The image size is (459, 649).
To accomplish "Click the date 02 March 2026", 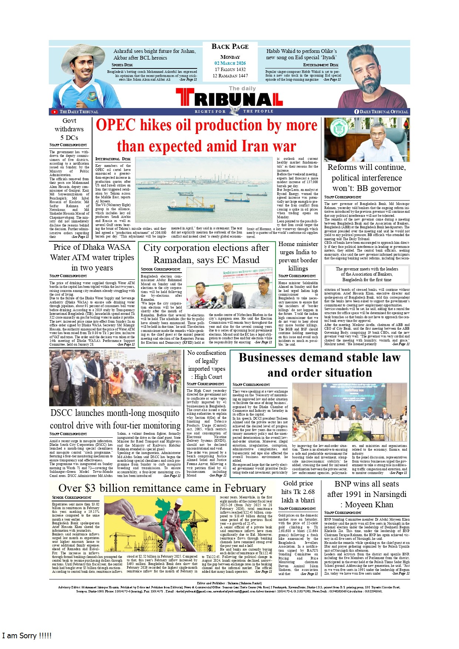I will [230, 63].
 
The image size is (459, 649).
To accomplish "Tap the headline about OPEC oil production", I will [206, 136].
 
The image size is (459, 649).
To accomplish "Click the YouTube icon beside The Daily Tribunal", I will [54, 112].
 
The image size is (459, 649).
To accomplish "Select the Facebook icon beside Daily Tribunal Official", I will [357, 112].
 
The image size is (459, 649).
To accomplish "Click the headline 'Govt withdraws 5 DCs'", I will [69, 129].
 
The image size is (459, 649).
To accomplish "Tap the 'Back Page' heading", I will [230, 47].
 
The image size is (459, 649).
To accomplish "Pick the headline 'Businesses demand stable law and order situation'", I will [320, 365].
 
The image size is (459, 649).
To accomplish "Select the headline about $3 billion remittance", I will [162, 488].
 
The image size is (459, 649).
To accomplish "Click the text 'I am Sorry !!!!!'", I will [27, 636].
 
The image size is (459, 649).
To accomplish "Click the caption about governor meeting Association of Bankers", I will [367, 274].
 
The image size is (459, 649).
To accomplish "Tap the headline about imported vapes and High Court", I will [206, 365].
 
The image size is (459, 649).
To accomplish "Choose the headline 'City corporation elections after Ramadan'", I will [206, 254].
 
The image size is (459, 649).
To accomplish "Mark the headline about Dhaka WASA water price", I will [92, 257].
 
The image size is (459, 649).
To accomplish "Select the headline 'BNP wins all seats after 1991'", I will [367, 494].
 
